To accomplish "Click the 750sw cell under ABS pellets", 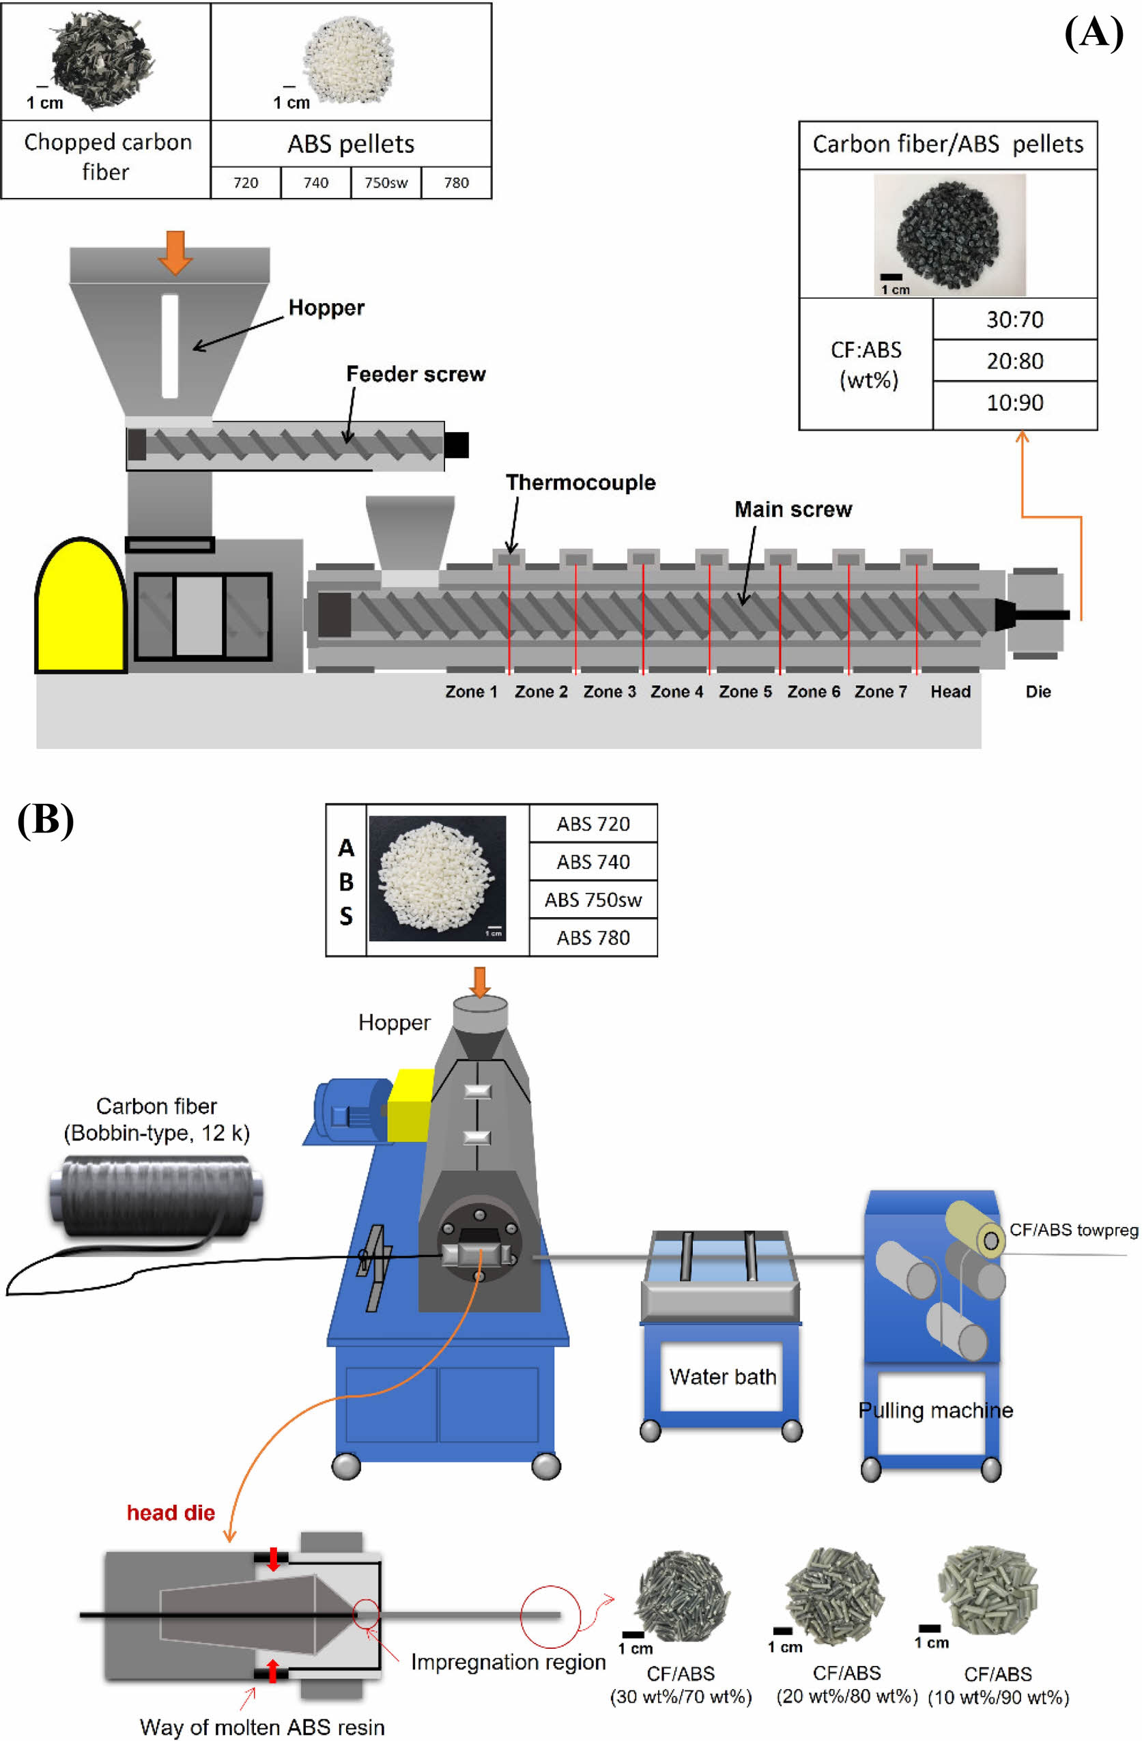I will (386, 183).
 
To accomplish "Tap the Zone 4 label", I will (676, 691).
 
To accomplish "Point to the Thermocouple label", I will (580, 483).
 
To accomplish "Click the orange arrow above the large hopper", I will (175, 251).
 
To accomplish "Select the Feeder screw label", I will (416, 375).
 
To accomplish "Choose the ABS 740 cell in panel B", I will (593, 862).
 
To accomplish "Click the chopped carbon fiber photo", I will (102, 59).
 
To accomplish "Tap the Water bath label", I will (722, 1377).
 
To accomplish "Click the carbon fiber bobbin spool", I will (156, 1195).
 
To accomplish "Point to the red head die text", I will (171, 1513).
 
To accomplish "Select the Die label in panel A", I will (1038, 691).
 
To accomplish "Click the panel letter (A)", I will (1093, 33).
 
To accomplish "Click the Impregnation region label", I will (508, 1662).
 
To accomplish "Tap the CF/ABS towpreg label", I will (1073, 1230).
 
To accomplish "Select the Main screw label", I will (793, 509).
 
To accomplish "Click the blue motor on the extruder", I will (349, 1111).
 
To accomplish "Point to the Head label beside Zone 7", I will (950, 691).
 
